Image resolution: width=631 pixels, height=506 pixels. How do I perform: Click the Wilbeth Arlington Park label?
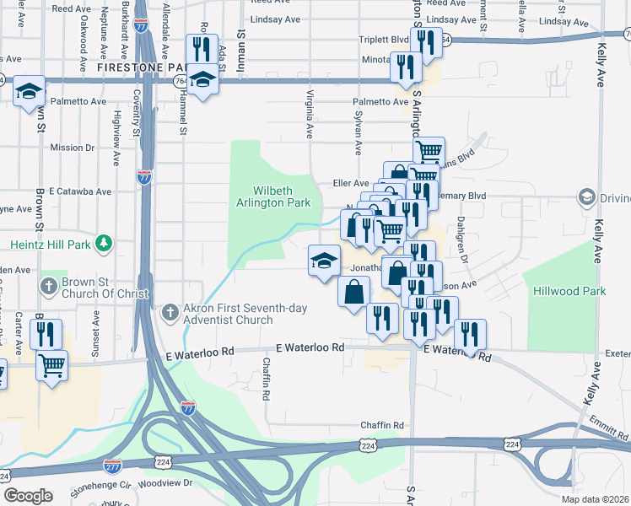282,196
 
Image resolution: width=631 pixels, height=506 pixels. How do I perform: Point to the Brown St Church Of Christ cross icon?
50,286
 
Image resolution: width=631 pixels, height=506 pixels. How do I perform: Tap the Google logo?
27,495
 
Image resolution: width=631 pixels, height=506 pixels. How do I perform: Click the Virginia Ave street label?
310,114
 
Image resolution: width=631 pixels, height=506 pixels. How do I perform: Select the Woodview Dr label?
164,483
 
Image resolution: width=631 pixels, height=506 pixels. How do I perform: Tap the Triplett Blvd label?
389,39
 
